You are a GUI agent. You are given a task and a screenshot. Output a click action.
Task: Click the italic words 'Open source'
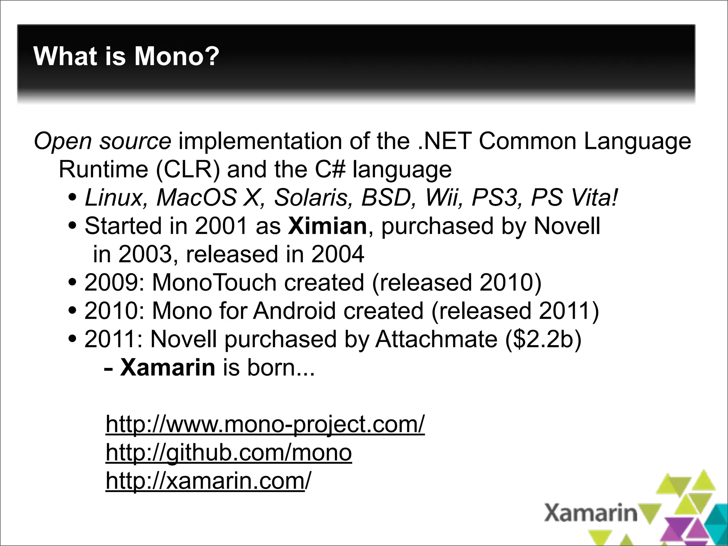coord(102,141)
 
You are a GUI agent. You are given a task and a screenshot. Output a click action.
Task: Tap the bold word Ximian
coord(327,226)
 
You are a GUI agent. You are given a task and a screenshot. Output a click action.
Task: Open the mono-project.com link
coord(265,424)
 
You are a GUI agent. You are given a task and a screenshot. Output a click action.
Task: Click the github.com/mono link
coord(229,452)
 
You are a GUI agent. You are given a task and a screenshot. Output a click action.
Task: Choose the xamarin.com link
coord(208,481)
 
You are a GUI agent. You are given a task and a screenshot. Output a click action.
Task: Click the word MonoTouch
coord(214,283)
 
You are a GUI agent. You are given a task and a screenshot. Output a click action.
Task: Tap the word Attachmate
coord(436,339)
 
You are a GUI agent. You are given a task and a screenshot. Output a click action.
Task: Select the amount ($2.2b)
coord(543,339)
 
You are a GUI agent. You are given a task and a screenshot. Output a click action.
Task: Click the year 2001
coord(221,226)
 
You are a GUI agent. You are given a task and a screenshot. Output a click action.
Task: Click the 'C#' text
coord(330,170)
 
